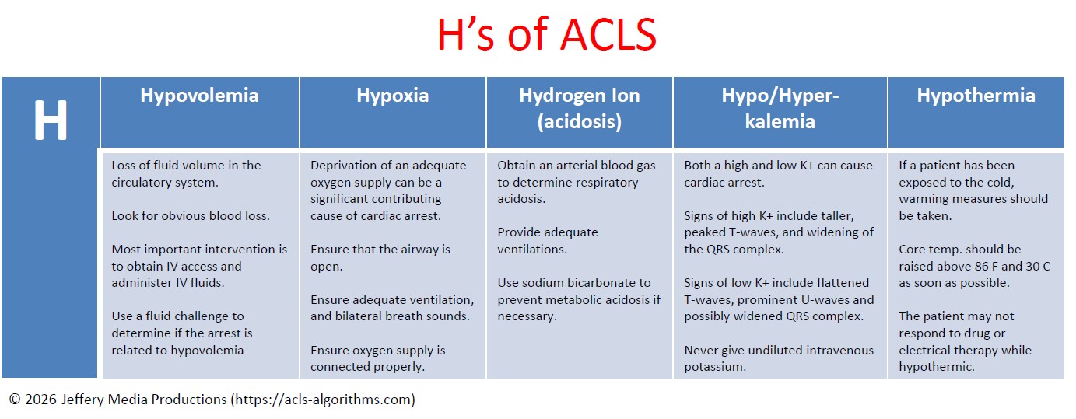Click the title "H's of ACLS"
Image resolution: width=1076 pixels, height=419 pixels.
tap(546, 35)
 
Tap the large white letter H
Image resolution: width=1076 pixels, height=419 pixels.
tap(50, 120)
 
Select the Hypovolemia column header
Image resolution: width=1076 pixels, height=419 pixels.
tap(199, 96)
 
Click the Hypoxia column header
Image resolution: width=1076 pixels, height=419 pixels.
tap(392, 96)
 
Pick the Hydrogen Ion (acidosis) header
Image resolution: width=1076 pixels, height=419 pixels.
tap(579, 108)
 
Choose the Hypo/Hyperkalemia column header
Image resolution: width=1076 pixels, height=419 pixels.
tap(780, 108)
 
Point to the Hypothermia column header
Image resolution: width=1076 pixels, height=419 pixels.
tap(976, 96)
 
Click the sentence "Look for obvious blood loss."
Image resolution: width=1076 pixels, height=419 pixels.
tap(191, 215)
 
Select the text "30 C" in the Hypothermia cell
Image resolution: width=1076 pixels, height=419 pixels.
tap(1035, 267)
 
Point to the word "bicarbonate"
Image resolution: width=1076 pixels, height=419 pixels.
tap(595, 283)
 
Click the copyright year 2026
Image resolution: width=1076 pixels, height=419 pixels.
tap(40, 400)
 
